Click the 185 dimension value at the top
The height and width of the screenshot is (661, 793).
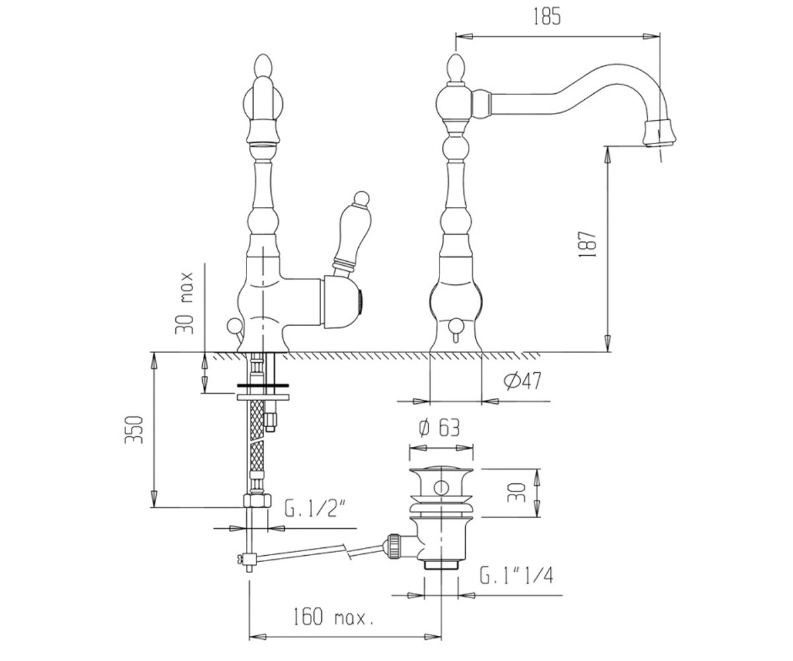547,17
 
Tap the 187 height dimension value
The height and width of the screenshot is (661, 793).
587,245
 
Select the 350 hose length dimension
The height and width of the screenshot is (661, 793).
133,430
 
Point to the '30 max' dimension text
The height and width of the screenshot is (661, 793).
184,303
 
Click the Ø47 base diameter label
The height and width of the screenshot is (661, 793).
522,381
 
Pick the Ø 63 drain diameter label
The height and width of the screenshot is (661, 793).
439,428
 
